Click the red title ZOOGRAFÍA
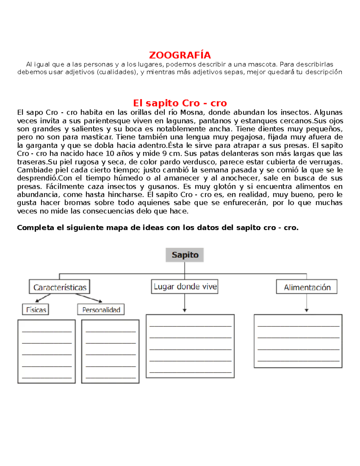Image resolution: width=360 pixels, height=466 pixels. (x=180, y=55)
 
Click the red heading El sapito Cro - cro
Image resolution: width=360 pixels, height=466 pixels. (x=180, y=103)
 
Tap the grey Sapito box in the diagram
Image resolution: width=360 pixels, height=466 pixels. (x=185, y=255)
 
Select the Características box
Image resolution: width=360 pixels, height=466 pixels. (x=59, y=287)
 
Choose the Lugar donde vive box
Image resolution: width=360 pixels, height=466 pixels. (x=184, y=287)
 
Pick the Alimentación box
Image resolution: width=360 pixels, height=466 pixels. (x=307, y=287)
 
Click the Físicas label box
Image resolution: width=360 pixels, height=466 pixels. (x=36, y=310)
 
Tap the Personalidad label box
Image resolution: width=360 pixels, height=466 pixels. (x=101, y=310)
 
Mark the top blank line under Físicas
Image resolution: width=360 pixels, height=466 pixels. (x=47, y=331)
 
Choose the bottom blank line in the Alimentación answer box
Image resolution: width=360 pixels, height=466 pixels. (x=298, y=361)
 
